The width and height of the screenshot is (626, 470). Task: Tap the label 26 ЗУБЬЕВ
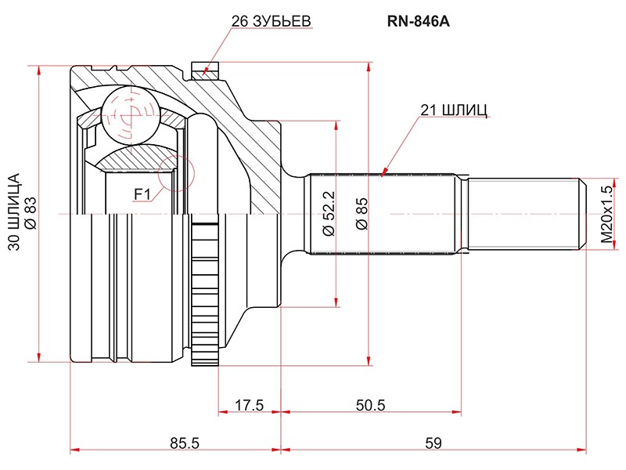pos(271,21)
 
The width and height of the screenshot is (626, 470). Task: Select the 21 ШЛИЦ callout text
pos(454,110)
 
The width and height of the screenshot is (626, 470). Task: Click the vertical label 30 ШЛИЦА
pos(13,212)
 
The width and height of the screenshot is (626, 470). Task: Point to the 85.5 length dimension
pos(185,443)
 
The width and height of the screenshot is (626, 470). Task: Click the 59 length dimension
pos(433,443)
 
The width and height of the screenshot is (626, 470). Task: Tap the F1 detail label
pos(141,193)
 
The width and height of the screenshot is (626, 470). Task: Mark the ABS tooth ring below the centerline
pos(204,298)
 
